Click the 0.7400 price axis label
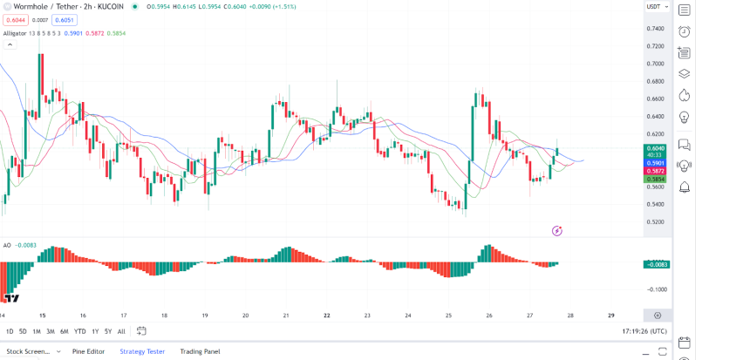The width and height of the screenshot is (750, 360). pyautogui.click(x=655, y=28)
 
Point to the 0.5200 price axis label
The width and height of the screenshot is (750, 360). pyautogui.click(x=655, y=221)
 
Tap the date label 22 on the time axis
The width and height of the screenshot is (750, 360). pyautogui.click(x=326, y=316)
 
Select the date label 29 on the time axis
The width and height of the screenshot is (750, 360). pyautogui.click(x=610, y=316)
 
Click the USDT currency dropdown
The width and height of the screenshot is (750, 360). pyautogui.click(x=655, y=7)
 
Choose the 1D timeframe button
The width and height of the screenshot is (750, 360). pyautogui.click(x=10, y=331)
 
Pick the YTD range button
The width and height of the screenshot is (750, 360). pyautogui.click(x=79, y=331)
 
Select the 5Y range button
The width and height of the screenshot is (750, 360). pyautogui.click(x=107, y=331)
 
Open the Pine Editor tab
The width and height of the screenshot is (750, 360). pyautogui.click(x=88, y=351)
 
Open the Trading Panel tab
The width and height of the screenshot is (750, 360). pyautogui.click(x=200, y=351)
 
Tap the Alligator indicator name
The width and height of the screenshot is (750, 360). pyautogui.click(x=15, y=33)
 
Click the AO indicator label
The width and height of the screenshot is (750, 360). pyautogui.click(x=7, y=245)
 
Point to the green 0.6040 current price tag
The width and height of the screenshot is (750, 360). pyautogui.click(x=656, y=149)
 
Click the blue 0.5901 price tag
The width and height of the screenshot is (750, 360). pyautogui.click(x=656, y=163)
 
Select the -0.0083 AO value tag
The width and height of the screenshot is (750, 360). pyautogui.click(x=656, y=264)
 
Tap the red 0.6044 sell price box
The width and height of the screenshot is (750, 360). pyautogui.click(x=16, y=19)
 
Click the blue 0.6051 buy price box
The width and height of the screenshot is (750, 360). pyautogui.click(x=65, y=19)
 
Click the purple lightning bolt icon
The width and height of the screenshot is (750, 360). pyautogui.click(x=557, y=230)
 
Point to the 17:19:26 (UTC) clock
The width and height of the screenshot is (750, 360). pyautogui.click(x=645, y=331)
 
